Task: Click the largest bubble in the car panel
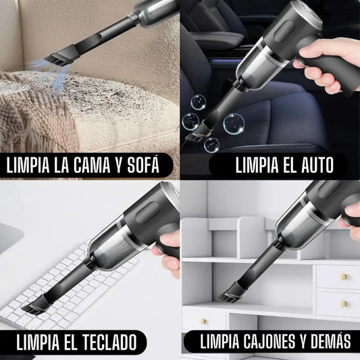(x=233, y=124)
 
